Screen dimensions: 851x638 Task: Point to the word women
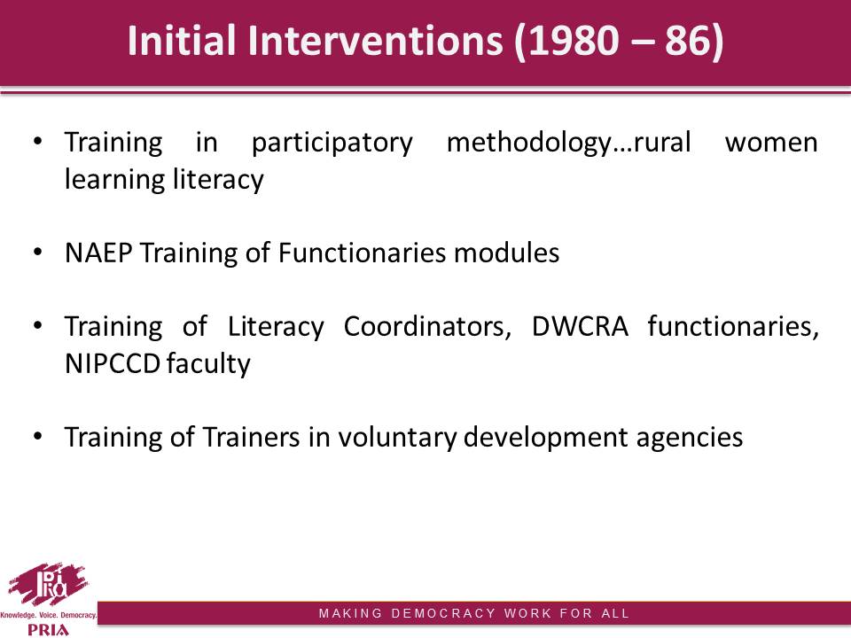[771, 144]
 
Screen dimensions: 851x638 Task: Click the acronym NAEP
[98, 253]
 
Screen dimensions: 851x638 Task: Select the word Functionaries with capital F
[363, 253]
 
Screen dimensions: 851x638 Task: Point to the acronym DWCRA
[580, 327]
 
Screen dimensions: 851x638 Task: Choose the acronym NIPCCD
[113, 364]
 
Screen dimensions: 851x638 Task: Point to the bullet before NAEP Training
[37, 253]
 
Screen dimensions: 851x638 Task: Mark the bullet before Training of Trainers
[37, 437]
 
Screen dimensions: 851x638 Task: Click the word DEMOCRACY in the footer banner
[443, 613]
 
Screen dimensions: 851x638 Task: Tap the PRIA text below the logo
[48, 630]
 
